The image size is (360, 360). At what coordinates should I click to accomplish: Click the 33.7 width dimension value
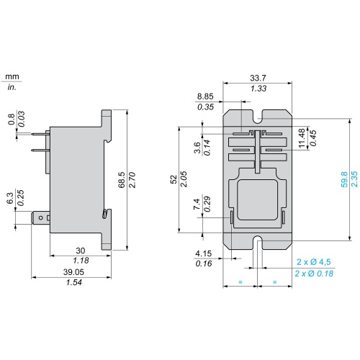point(258,78)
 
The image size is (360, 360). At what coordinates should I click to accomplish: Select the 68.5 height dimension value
point(122,180)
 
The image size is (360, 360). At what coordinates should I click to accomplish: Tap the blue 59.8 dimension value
point(344,179)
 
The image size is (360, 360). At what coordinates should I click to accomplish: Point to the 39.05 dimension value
point(73,272)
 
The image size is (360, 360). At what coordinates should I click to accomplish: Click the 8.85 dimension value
point(205,96)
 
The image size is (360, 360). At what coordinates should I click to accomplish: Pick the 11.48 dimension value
point(302,138)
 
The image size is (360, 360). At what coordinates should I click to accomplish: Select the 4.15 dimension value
point(204,253)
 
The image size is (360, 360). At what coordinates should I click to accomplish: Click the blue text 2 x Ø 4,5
point(314,261)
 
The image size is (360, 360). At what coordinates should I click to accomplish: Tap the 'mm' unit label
point(12,76)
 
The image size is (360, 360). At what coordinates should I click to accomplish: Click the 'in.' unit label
point(12,87)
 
